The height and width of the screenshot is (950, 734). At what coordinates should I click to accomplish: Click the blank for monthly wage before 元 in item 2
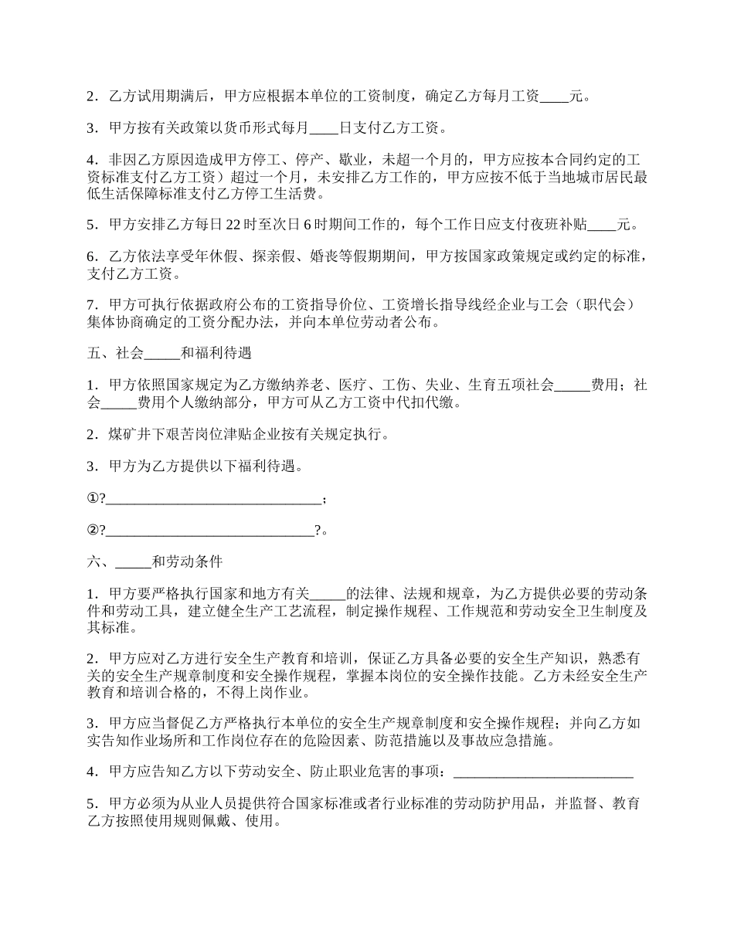click(x=554, y=97)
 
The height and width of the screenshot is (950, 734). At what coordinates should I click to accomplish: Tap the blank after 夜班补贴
click(x=603, y=226)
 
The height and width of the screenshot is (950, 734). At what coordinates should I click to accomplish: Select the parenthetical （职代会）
click(x=607, y=305)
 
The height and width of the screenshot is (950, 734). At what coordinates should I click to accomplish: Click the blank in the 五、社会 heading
click(x=161, y=354)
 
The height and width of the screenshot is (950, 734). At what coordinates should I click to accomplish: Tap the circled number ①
click(x=93, y=499)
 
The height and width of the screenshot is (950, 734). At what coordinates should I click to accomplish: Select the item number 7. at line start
click(x=92, y=305)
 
